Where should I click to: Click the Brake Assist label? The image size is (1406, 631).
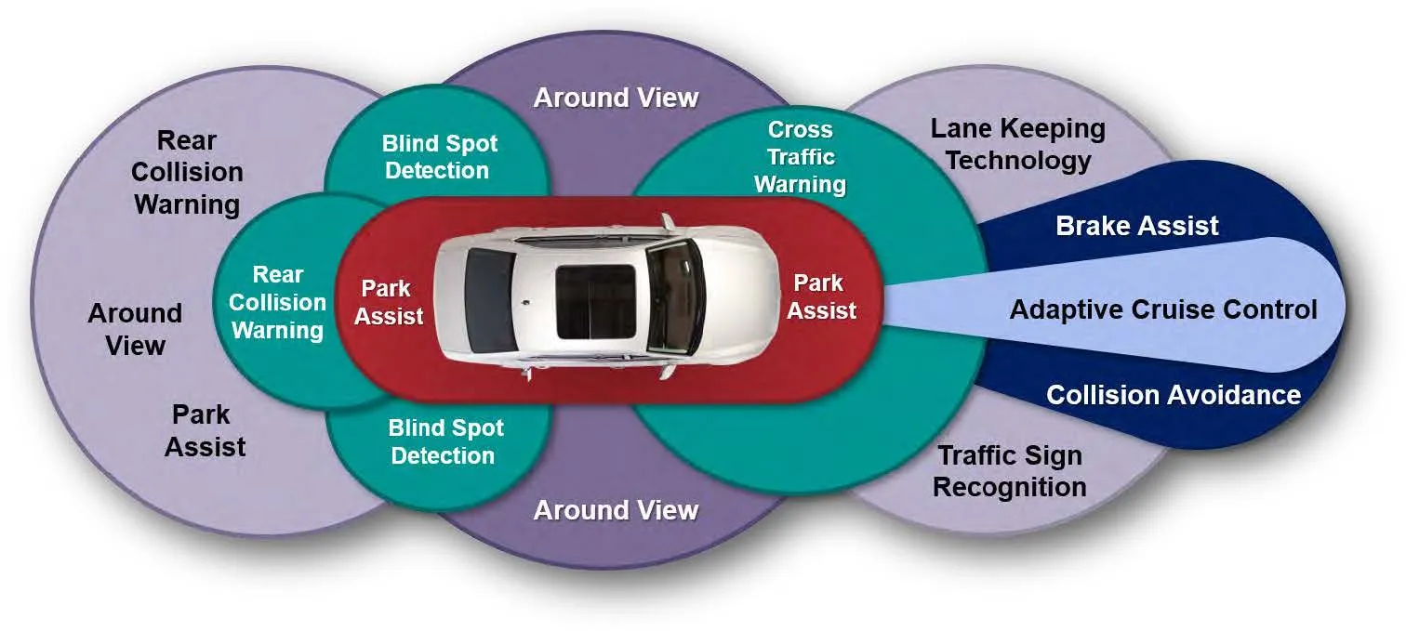click(x=1136, y=226)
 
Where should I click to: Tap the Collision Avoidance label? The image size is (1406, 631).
click(x=1173, y=395)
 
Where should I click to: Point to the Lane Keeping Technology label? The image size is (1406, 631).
click(x=1017, y=144)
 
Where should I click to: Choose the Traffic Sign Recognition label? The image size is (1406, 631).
click(x=1009, y=471)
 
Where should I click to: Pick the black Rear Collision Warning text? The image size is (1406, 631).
click(x=187, y=173)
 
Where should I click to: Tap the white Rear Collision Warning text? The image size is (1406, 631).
click(x=277, y=303)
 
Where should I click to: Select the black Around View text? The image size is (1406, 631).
click(x=135, y=329)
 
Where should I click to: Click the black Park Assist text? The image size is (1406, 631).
click(x=205, y=430)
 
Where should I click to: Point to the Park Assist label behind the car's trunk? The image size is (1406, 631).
click(x=389, y=302)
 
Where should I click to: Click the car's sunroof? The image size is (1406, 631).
click(x=594, y=302)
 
